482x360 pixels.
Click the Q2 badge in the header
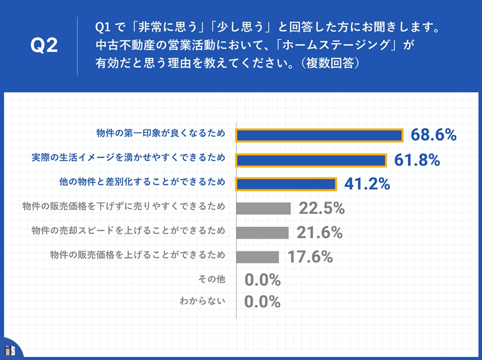pyautogui.click(x=44, y=46)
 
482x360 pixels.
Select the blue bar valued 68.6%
pyautogui.click(x=319, y=135)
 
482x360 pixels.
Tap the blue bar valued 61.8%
pyautogui.click(x=311, y=160)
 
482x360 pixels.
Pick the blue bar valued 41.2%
pyautogui.click(x=286, y=184)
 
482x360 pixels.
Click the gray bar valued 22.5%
pyautogui.click(x=263, y=208)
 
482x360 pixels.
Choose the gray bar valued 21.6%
pyautogui.click(x=262, y=232)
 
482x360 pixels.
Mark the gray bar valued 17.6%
pyautogui.click(x=258, y=256)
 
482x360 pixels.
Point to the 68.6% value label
pyautogui.click(x=434, y=135)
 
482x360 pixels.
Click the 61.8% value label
pyautogui.click(x=417, y=160)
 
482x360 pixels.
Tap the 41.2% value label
pyautogui.click(x=367, y=184)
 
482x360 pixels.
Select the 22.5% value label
pyautogui.click(x=321, y=209)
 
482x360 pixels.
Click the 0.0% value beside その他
pyautogui.click(x=262, y=280)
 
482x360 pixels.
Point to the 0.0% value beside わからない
pyautogui.click(x=262, y=302)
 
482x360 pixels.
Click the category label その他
pyautogui.click(x=211, y=279)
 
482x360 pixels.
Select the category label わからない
pyautogui.click(x=202, y=302)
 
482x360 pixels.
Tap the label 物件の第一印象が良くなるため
pyautogui.click(x=161, y=134)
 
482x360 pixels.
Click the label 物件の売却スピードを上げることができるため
pyautogui.click(x=128, y=230)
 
